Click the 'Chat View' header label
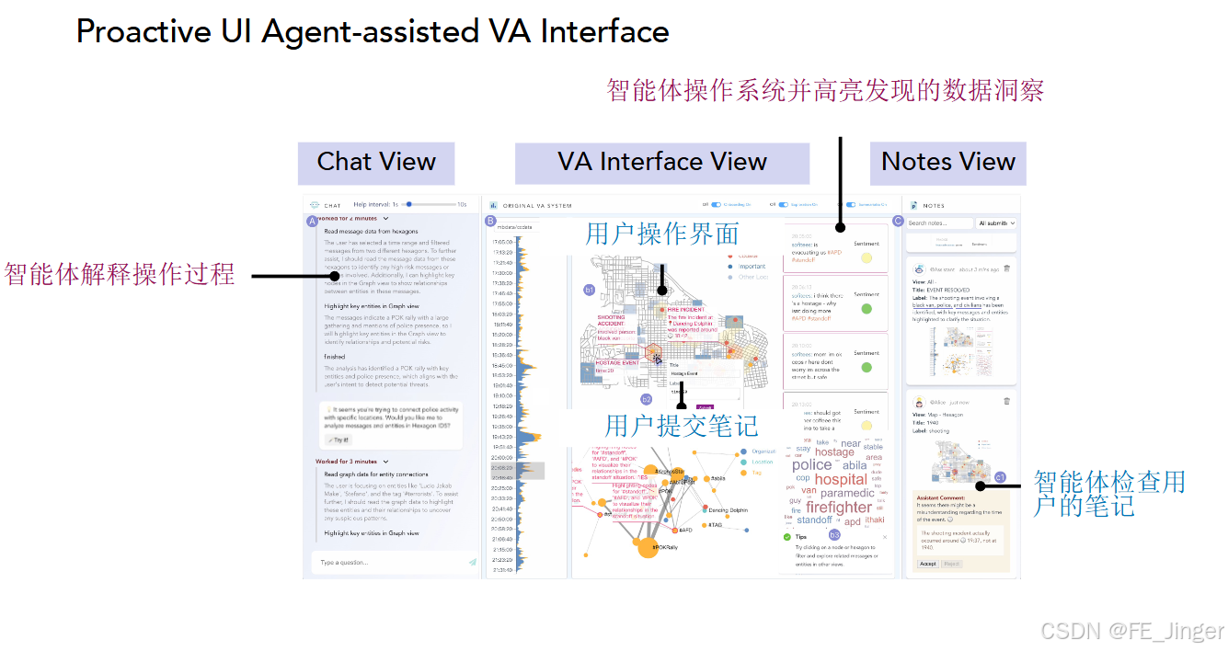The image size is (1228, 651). [375, 162]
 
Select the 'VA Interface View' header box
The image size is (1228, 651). [661, 162]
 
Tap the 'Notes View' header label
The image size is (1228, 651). [947, 162]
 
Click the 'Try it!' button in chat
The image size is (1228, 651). [338, 440]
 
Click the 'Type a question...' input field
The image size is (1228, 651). [386, 562]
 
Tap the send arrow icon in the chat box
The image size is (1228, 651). [472, 562]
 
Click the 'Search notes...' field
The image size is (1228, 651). [938, 223]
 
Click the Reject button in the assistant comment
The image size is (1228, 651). [951, 564]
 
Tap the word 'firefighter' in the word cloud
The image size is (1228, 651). [838, 507]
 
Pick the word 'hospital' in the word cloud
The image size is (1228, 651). [840, 479]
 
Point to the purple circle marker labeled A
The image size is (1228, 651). [312, 221]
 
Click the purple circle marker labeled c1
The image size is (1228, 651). [1000, 477]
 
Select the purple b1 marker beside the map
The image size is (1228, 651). [590, 290]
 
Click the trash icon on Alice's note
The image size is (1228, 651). [1006, 401]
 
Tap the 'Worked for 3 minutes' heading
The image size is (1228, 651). [348, 462]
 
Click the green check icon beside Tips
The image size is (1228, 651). [786, 536]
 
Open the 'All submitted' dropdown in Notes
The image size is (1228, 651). [997, 223]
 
